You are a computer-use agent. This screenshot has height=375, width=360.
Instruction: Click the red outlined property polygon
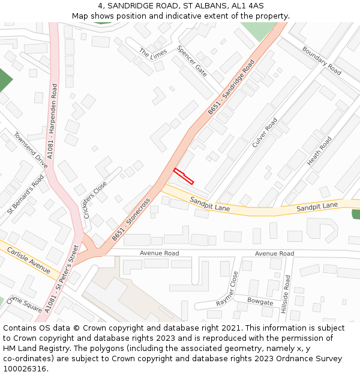[x=184, y=176]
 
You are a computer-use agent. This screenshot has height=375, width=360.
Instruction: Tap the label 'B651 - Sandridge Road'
[x=232, y=87]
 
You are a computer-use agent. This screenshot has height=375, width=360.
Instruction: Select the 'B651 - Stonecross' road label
[x=131, y=220]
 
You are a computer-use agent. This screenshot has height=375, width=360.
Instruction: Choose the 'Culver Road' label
[x=265, y=133]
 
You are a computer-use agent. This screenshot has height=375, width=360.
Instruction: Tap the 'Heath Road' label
[x=319, y=151]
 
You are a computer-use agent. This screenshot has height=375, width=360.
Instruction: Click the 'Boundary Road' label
[x=322, y=61]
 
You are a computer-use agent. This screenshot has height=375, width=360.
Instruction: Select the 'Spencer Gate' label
[x=192, y=61]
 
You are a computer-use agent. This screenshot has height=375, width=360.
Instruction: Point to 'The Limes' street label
[x=152, y=53]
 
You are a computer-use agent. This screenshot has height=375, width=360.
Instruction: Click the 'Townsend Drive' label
[x=31, y=151]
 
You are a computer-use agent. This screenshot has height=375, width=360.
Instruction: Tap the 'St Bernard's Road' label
[x=26, y=195]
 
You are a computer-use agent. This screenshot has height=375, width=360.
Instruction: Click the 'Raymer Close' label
[x=227, y=289]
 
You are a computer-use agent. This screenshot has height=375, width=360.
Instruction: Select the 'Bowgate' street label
[x=260, y=302]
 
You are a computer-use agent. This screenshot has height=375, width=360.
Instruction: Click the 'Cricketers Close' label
[x=95, y=199]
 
